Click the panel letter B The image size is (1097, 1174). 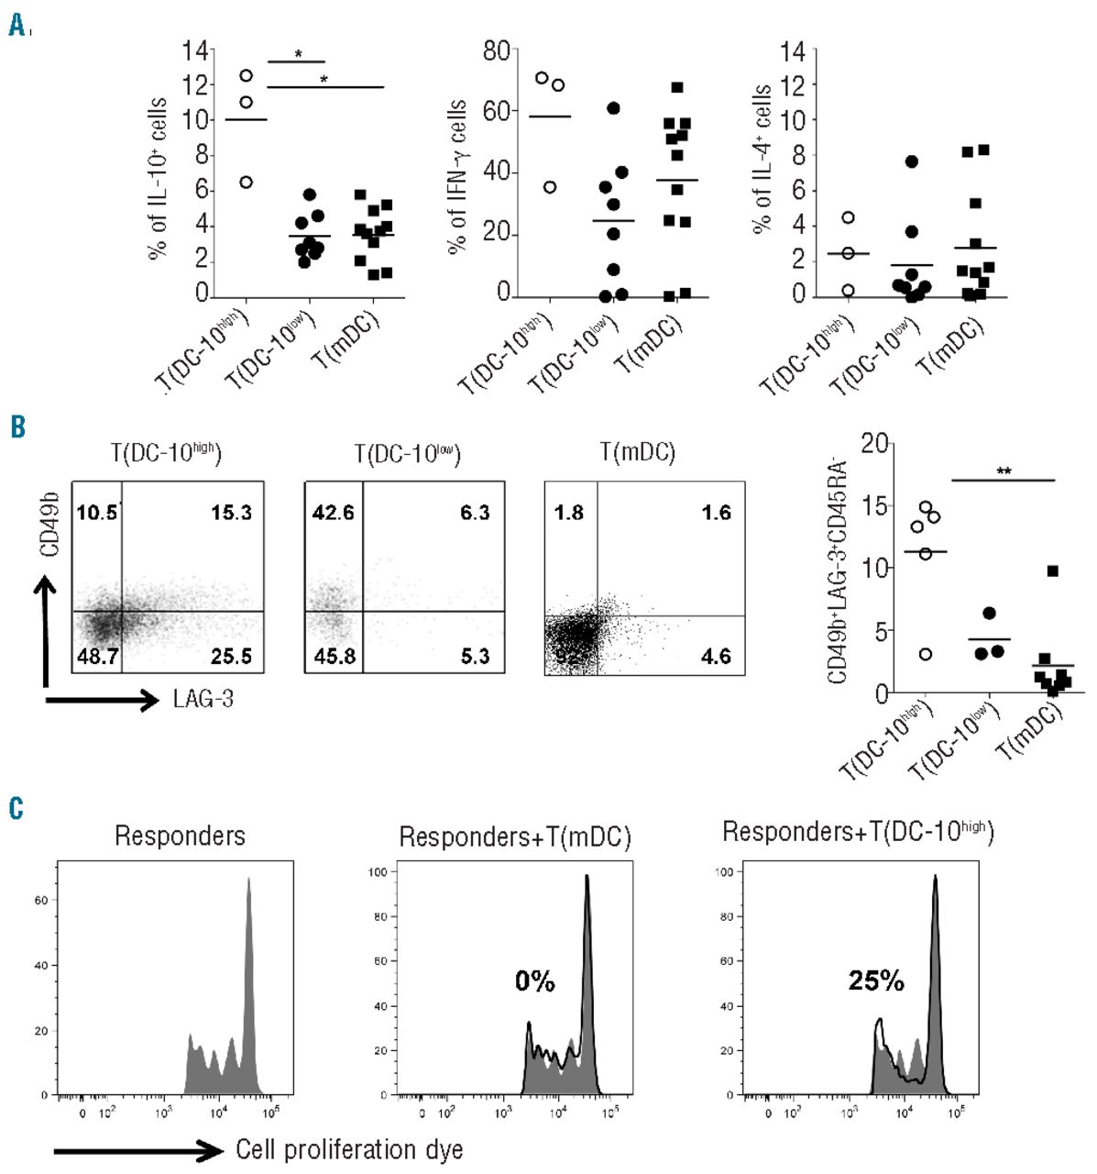[16, 427]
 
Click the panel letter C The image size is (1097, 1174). [16, 808]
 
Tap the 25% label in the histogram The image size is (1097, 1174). [876, 980]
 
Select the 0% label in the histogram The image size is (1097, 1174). [535, 981]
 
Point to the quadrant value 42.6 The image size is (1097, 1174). [333, 512]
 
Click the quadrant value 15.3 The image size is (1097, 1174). [231, 512]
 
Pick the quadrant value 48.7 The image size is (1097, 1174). [99, 656]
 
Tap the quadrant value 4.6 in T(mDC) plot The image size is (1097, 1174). [716, 656]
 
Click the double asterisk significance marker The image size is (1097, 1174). [1004, 471]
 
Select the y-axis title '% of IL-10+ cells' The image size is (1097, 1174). [157, 179]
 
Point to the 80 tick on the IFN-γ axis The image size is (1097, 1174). [496, 50]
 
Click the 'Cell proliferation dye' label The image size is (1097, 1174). [349, 1149]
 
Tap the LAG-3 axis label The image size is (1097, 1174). [203, 700]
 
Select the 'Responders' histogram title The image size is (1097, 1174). [180, 836]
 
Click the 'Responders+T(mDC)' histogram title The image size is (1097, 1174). [514, 836]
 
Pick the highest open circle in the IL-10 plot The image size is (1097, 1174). [246, 75]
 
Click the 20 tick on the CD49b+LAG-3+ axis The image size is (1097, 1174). [876, 445]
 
